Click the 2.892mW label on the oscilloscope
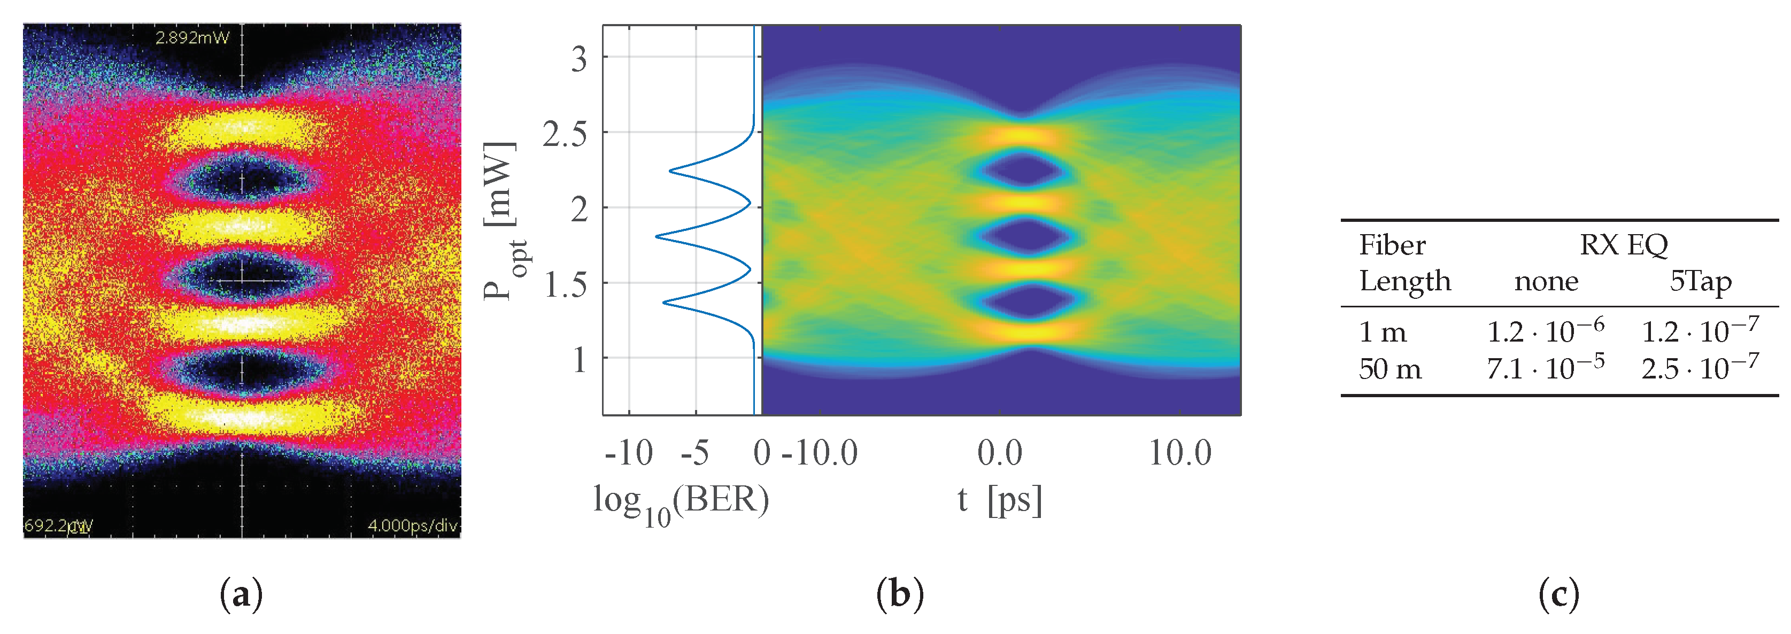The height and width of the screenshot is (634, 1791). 192,37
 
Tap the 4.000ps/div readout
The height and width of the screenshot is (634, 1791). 412,525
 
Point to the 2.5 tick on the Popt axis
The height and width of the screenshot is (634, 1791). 564,134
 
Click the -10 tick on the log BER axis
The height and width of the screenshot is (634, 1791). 629,453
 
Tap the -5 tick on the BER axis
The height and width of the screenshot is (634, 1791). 694,453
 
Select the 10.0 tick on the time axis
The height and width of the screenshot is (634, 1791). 1179,453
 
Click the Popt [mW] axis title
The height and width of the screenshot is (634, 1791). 502,221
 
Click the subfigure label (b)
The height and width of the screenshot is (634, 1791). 900,595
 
